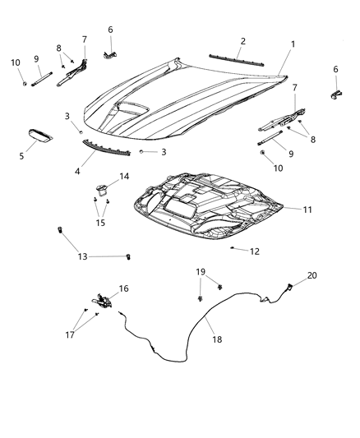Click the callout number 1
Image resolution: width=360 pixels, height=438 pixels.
coord(293,44)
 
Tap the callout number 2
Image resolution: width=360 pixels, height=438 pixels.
coord(242,40)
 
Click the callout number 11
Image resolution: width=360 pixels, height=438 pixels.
coord(307,210)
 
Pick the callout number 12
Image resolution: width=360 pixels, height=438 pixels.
coord(255,251)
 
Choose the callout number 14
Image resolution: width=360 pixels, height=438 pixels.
coord(124,177)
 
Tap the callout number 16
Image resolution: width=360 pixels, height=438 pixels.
coord(123,288)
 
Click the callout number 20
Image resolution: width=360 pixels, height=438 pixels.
coord(312,276)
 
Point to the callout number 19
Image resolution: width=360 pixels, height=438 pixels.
coord(201,271)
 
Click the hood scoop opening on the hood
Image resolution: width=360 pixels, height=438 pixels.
coord(130,108)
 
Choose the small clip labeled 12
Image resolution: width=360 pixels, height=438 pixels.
coord(233,247)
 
